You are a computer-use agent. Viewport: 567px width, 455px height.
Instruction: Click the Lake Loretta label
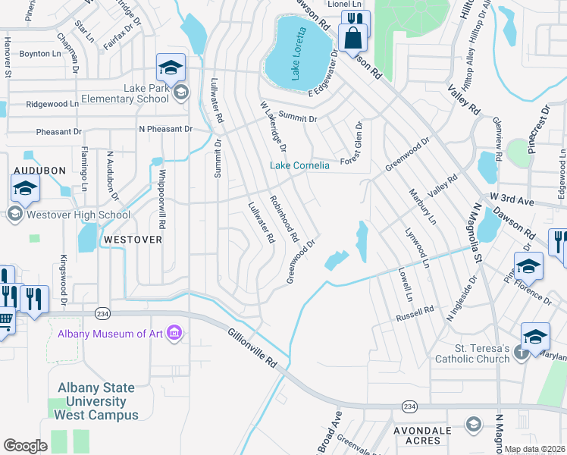[x=299, y=53]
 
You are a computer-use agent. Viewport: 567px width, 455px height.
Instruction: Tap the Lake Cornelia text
[x=300, y=165]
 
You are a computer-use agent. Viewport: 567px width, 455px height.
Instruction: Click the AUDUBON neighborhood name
[x=39, y=171]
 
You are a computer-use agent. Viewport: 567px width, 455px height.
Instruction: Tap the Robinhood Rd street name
[x=283, y=219]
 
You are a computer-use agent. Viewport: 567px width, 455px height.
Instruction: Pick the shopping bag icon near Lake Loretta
[x=353, y=36]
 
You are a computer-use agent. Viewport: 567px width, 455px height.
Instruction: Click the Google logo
[x=25, y=446]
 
